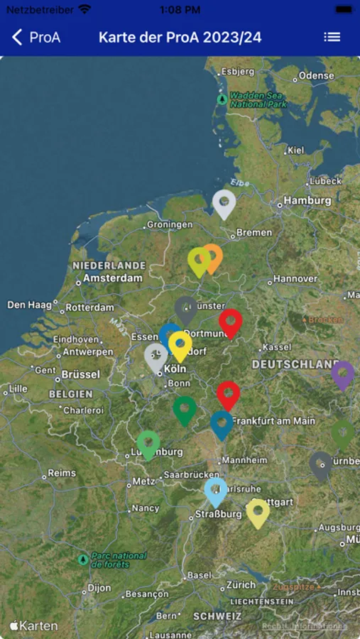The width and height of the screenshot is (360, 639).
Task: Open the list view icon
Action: click(332, 38)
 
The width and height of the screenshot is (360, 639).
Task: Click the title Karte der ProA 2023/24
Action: click(180, 38)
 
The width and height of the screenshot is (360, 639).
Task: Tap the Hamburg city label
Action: click(307, 201)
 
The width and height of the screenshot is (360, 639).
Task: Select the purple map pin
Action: click(343, 373)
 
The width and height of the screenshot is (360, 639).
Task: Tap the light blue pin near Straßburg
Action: click(215, 490)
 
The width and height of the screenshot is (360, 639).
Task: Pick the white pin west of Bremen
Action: click(224, 202)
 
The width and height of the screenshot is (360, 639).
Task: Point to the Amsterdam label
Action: click(112, 278)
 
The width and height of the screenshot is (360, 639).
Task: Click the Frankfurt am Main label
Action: click(273, 421)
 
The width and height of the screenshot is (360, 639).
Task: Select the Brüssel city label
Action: click(80, 374)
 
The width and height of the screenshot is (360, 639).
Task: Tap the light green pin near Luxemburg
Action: click(148, 443)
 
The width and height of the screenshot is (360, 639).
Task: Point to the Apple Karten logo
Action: click(34, 626)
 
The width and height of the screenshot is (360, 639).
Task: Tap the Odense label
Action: click(316, 76)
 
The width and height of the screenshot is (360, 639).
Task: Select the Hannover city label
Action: click(295, 279)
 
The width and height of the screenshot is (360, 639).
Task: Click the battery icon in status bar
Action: click(344, 10)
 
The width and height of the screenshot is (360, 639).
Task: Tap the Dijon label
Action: click(99, 588)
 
